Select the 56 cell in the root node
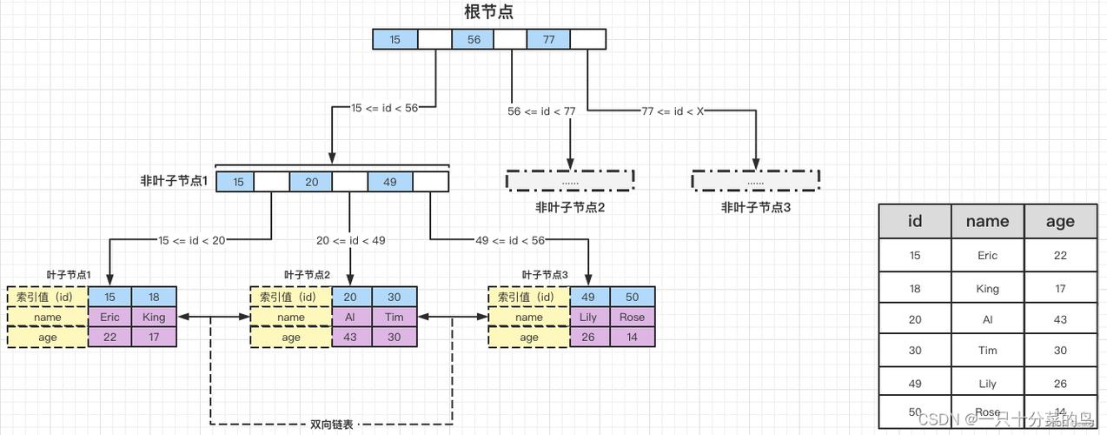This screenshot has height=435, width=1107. coord(474,39)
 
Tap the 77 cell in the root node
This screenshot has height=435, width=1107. coord(548,39)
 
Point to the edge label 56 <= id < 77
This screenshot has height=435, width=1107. coord(541,111)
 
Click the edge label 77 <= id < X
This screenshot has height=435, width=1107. coord(673,111)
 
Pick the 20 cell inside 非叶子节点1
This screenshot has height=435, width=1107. coord(311,182)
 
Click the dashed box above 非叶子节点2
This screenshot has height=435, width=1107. coord(570,181)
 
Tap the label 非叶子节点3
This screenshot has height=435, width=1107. coord(755,207)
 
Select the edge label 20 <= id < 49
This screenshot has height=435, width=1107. coord(350,240)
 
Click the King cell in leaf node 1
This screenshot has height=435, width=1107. coord(154,317)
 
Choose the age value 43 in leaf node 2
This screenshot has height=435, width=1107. coord(350,337)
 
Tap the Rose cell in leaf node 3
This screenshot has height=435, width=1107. coord(632,317)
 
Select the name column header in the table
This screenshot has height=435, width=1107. coord(987,221)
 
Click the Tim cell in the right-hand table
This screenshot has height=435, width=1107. coord(987,351)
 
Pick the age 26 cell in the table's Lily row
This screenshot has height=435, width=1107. coord(1060,383)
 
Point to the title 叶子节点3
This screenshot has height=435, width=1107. coord(545,275)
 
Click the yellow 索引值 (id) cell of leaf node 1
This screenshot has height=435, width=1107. coord(47,297)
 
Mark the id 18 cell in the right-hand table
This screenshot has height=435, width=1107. coord(914,288)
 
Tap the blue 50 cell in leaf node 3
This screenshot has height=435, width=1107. coord(632,297)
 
